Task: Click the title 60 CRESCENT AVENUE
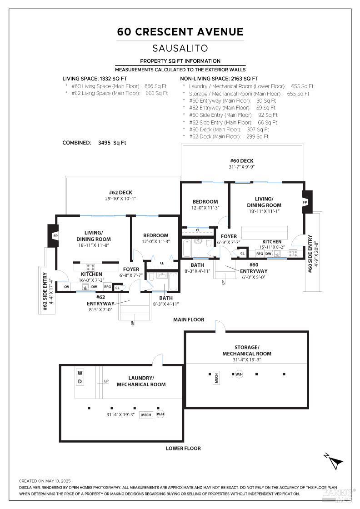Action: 180,32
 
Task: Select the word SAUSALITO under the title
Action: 180,48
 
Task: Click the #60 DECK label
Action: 241,161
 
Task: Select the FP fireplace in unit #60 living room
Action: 305,202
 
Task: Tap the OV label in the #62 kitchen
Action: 67,287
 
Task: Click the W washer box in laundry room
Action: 80,373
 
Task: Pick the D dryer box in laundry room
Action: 80,382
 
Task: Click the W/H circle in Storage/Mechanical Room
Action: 239,374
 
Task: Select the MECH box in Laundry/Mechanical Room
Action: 146,415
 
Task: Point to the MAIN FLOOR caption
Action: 189,319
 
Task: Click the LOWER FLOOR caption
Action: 183,448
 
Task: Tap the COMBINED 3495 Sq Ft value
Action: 112,143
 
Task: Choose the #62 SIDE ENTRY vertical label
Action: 45,291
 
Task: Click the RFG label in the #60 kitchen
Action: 260,254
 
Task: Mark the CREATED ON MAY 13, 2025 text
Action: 45,481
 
